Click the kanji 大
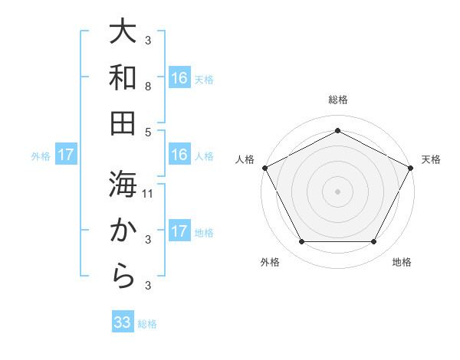123,33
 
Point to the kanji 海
123,184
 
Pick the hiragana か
123,230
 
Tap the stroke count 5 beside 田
148,132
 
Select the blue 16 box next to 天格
179,77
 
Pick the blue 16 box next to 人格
179,155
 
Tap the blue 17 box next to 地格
179,231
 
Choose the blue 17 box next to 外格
66,155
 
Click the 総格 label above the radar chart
337,100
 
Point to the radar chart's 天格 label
431,159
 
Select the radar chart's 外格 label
270,262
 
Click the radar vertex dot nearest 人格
265,168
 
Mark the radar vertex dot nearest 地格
373,242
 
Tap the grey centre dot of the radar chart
337,191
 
